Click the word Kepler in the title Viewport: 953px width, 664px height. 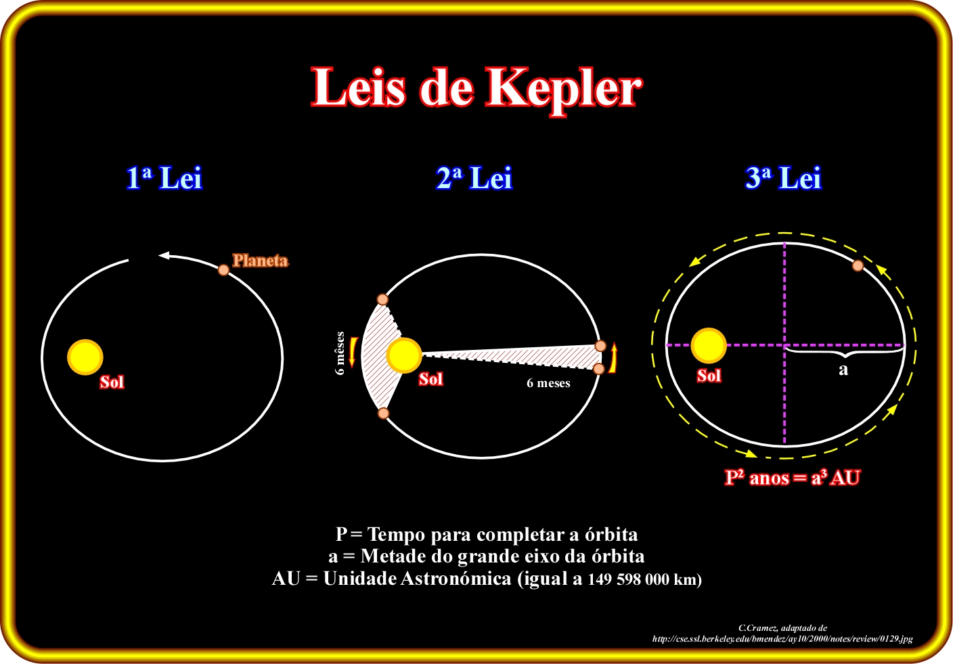(564, 88)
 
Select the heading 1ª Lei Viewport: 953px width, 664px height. (164, 178)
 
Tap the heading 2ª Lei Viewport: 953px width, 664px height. (474, 178)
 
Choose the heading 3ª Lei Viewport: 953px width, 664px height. (783, 178)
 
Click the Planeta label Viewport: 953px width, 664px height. (260, 261)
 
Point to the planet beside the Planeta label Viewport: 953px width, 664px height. (223, 270)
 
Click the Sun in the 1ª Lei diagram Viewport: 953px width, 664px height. (85, 357)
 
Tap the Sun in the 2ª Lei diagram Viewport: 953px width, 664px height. (404, 355)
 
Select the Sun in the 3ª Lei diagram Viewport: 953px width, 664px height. (709, 345)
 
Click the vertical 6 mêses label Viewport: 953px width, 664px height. (340, 353)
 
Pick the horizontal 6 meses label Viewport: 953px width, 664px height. (548, 383)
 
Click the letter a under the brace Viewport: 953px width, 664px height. (843, 370)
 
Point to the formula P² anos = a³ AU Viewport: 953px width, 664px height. (792, 478)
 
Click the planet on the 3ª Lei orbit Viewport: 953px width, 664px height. (858, 266)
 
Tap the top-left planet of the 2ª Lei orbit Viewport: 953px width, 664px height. (382, 299)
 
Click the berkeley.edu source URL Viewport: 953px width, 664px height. (782, 638)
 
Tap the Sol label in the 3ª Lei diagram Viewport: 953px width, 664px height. (709, 376)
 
